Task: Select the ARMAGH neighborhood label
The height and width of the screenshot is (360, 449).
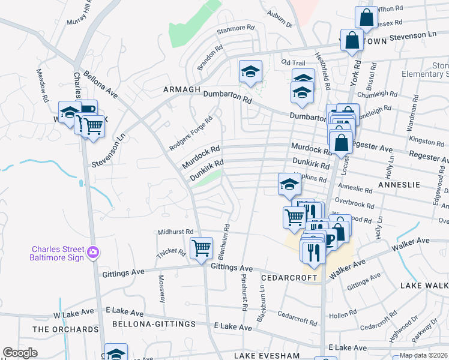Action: (181, 89)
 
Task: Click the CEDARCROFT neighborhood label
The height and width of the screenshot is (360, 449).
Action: (289, 278)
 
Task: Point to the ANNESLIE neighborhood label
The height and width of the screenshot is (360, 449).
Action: (400, 185)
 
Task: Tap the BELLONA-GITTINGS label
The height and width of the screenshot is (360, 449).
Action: (154, 324)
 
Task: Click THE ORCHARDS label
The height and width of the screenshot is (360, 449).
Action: (65, 329)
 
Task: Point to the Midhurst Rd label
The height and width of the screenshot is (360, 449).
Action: (176, 232)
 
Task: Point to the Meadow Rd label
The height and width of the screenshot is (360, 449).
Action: (43, 87)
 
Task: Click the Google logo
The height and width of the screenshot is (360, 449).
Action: (20, 353)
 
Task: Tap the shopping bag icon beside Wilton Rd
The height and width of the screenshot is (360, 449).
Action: (366, 17)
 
